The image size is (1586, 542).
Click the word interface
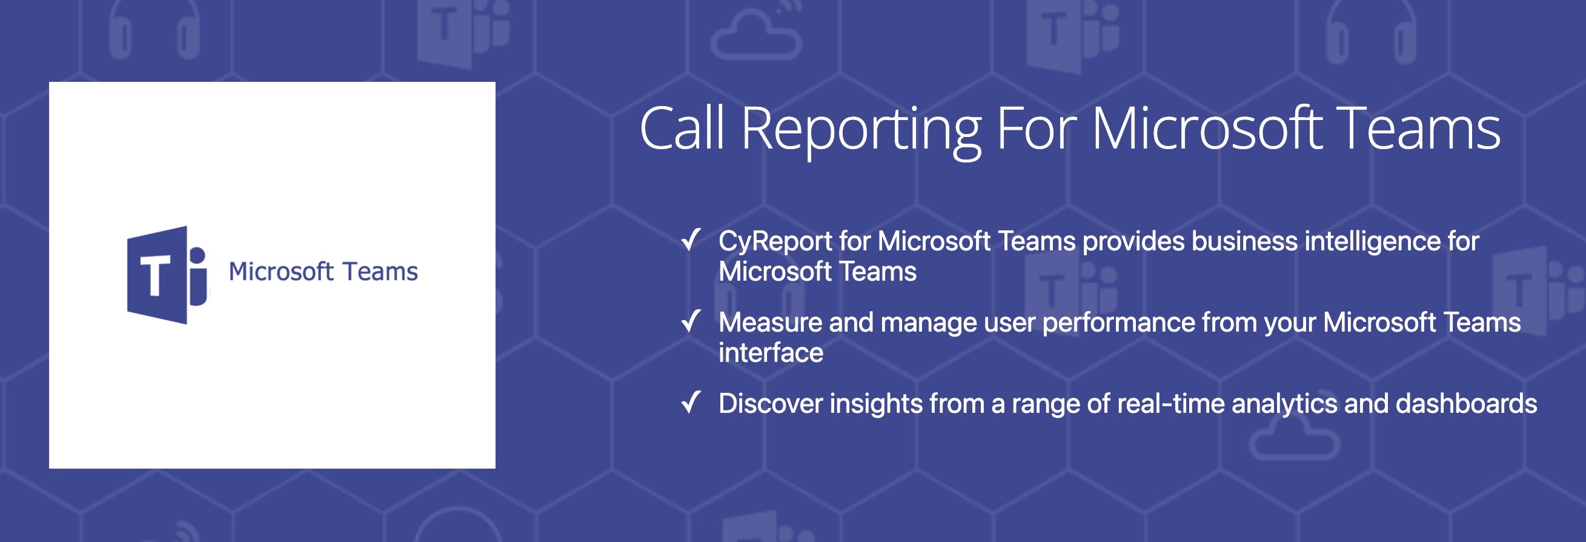point(771,353)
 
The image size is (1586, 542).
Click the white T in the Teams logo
point(154,275)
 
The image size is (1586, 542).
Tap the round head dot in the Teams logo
point(197,255)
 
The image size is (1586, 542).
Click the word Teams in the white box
point(380,272)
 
